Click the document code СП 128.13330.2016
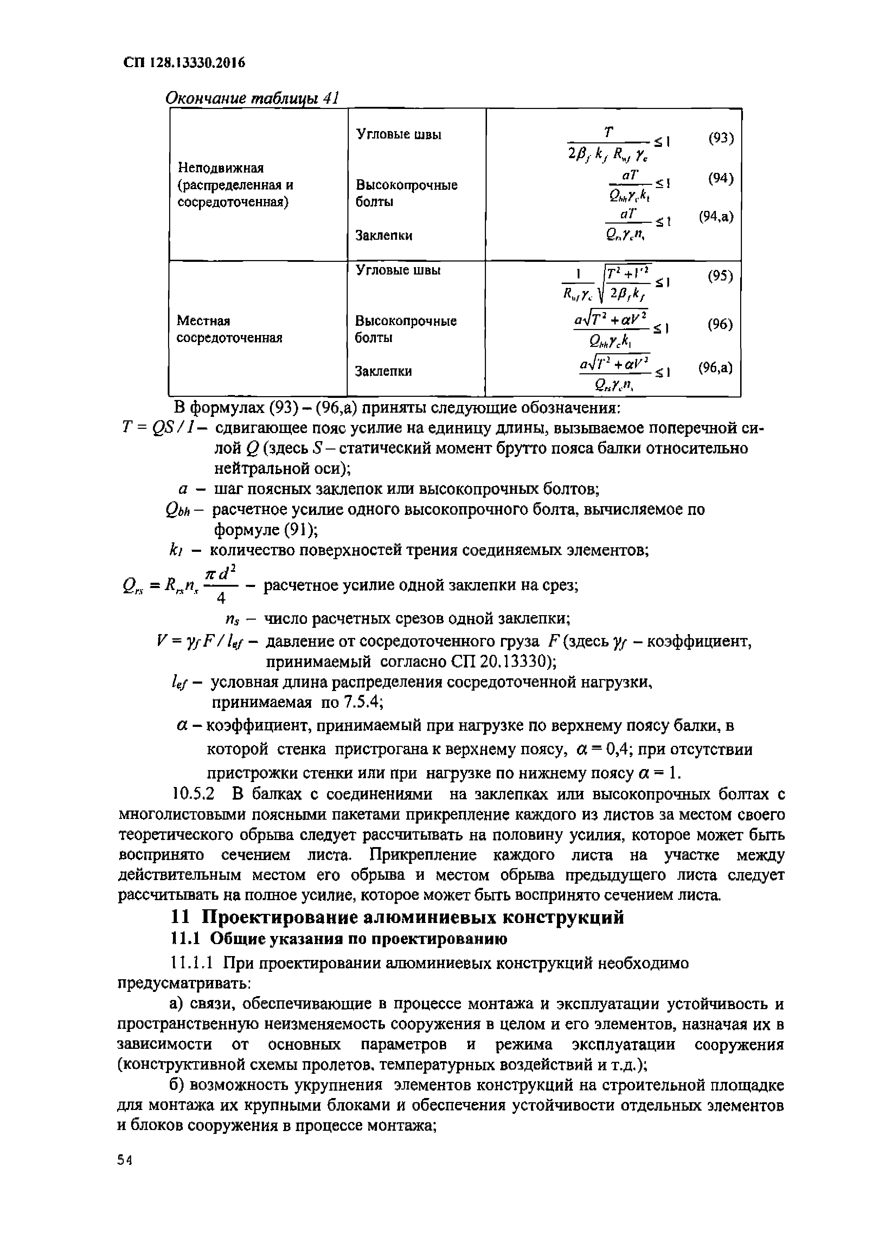point(184,63)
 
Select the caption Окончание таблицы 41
point(251,98)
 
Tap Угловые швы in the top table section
point(399,134)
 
